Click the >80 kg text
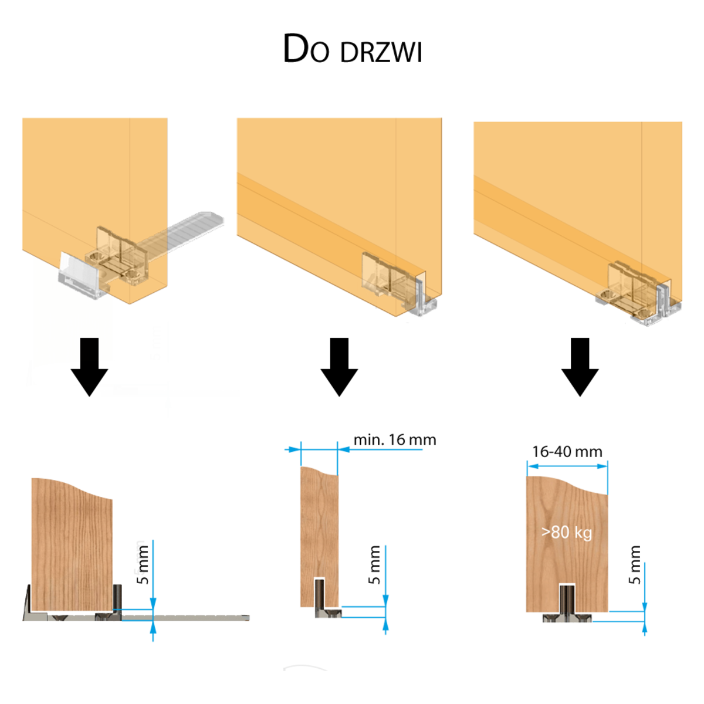[x=566, y=533]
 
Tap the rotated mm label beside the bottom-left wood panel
[x=140, y=558]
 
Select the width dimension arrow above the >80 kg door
[x=567, y=466]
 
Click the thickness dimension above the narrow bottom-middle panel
[x=319, y=450]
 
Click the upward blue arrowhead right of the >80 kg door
[x=645, y=629]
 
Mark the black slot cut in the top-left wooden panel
[x=90, y=349]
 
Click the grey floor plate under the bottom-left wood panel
[x=194, y=618]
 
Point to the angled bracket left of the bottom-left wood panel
[x=26, y=601]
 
